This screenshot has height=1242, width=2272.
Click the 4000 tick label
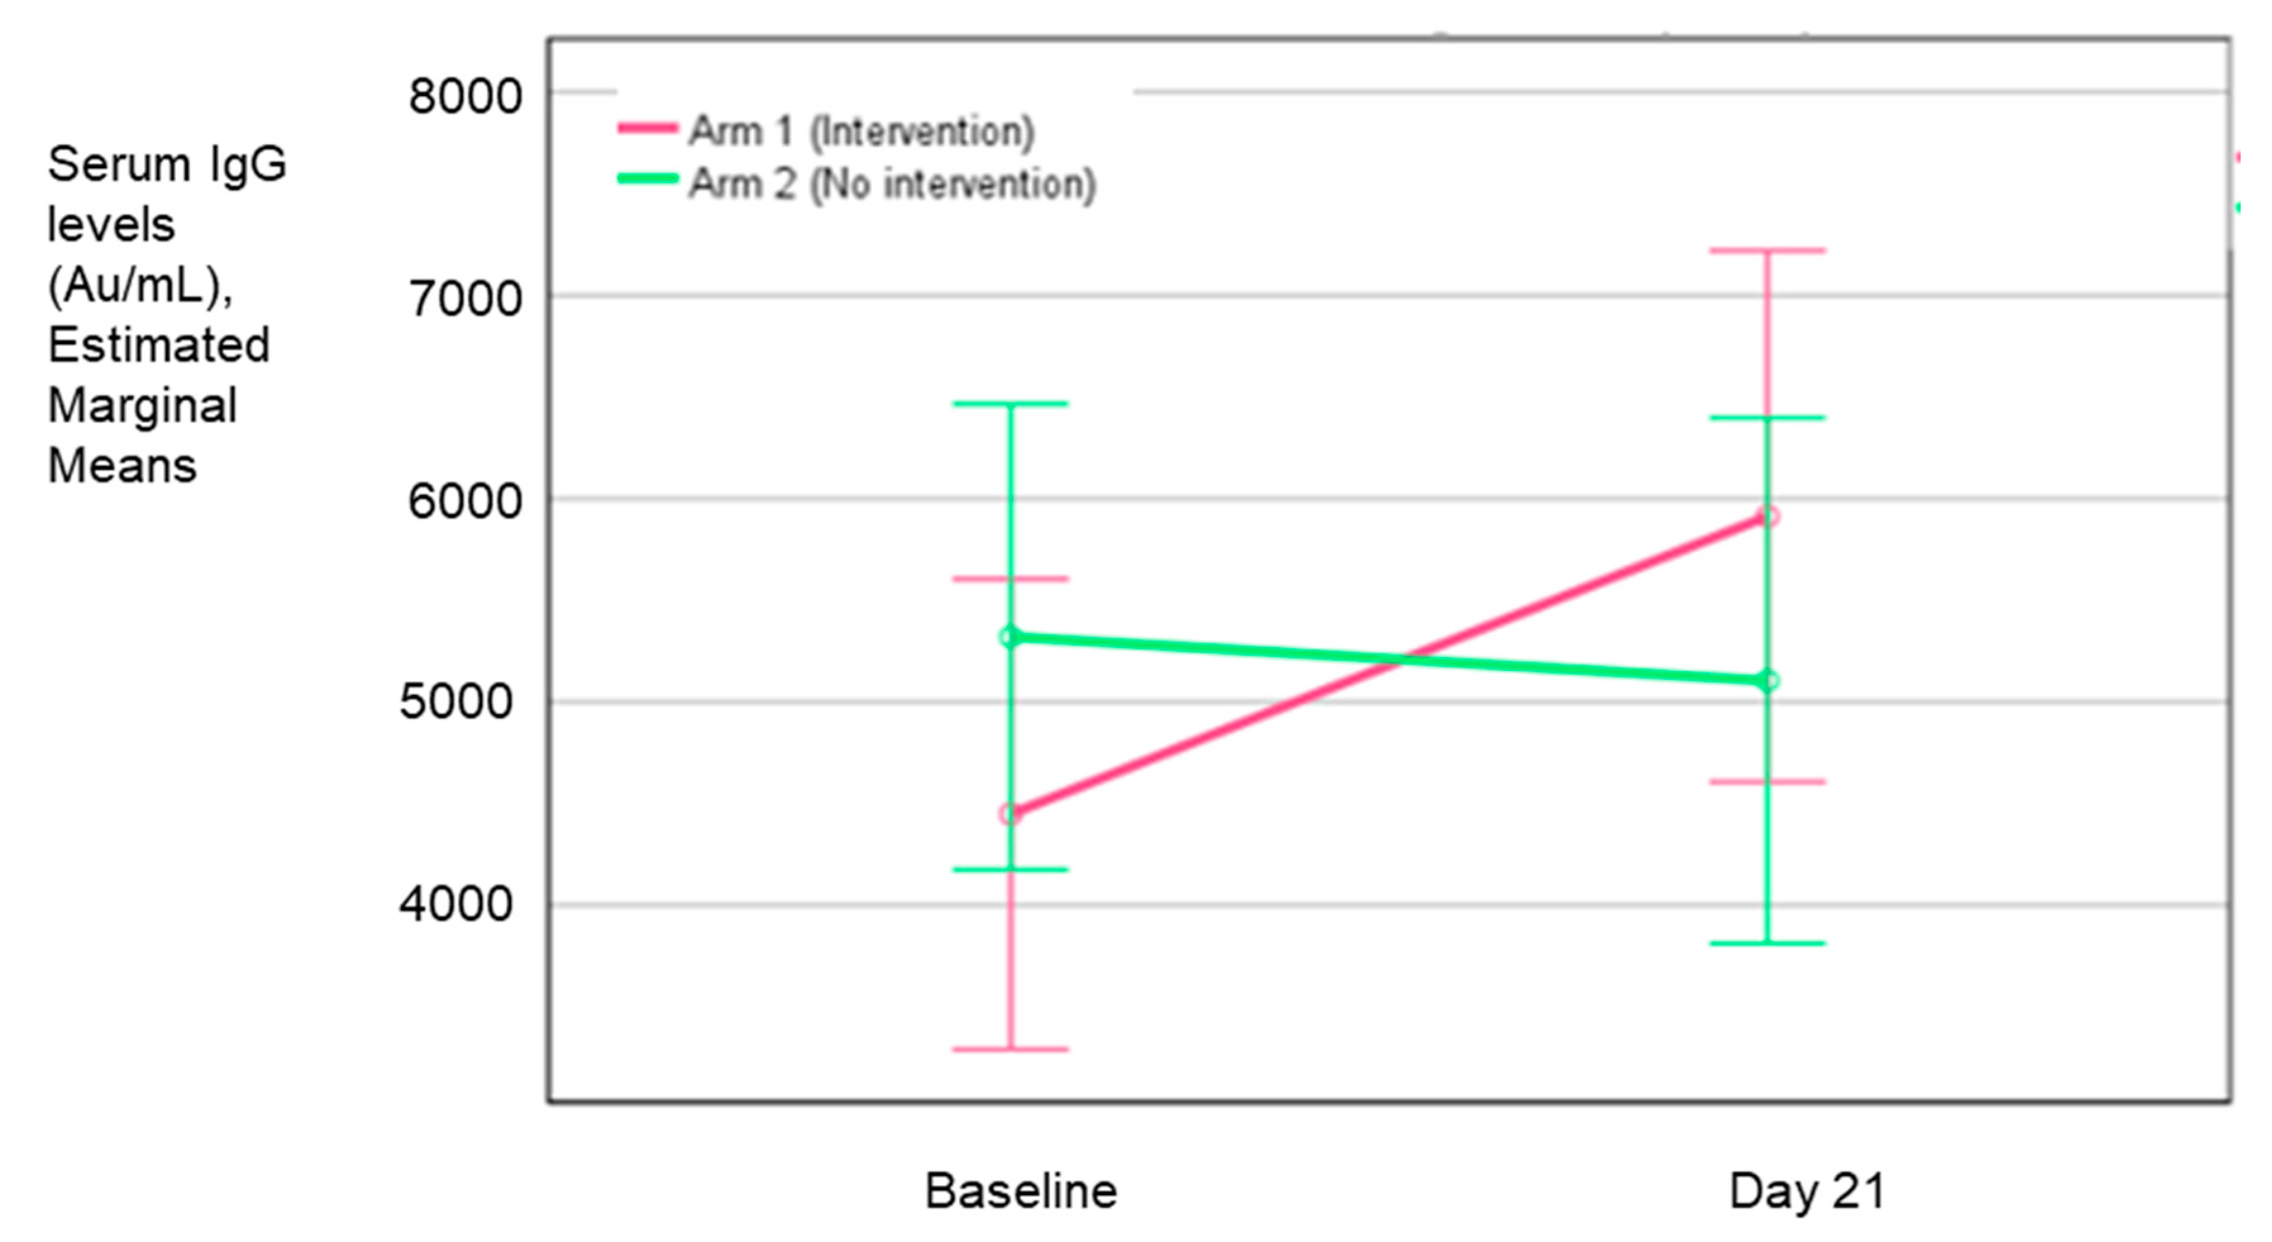(x=455, y=904)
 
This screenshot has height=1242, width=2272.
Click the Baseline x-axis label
(x=1020, y=1191)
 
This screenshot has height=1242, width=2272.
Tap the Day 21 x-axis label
(x=1807, y=1191)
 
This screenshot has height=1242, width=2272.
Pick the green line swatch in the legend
(x=647, y=179)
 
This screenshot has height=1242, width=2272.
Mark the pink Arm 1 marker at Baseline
(x=1011, y=813)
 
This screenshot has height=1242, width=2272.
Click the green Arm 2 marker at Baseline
(x=1011, y=637)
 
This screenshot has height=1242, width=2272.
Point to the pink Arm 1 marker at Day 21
(x=1767, y=516)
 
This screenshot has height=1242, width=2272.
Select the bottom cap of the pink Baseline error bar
(x=1011, y=1049)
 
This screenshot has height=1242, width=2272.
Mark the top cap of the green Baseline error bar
(x=1011, y=404)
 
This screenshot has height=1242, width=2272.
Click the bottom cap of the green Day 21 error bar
(x=1767, y=943)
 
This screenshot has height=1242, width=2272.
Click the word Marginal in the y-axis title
(x=142, y=406)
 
